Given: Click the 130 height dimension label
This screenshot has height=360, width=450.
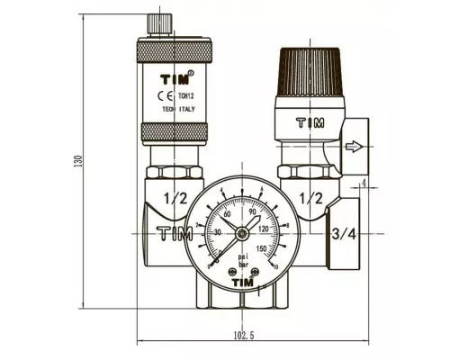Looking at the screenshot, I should click(x=78, y=160).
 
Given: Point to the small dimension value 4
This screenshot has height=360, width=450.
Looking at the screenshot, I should click(x=363, y=184).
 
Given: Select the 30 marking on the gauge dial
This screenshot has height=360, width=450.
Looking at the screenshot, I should click(x=218, y=231).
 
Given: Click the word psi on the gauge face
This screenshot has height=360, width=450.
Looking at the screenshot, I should click(x=243, y=256).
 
